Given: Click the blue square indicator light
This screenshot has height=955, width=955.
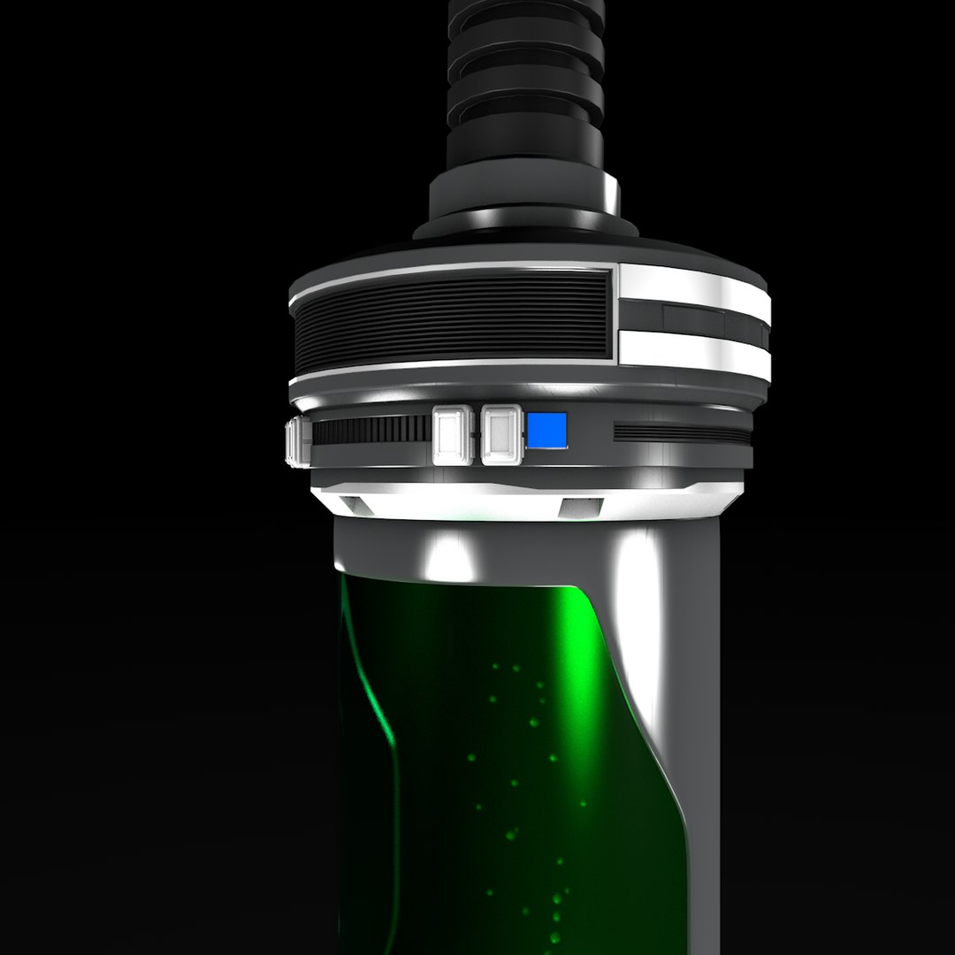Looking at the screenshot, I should (547, 430).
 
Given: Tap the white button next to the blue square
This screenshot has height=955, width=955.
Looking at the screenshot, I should (500, 433).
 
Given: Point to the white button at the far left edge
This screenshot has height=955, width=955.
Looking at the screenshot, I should (298, 440).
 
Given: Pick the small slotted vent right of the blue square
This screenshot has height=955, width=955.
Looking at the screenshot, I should (681, 432).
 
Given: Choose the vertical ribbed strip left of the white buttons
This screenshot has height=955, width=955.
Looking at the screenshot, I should (371, 431).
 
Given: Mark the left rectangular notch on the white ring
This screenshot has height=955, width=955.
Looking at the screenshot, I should (356, 505).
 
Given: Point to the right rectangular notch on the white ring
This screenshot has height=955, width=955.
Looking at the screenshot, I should (581, 508).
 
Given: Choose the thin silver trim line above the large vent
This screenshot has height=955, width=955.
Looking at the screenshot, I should (451, 267).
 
